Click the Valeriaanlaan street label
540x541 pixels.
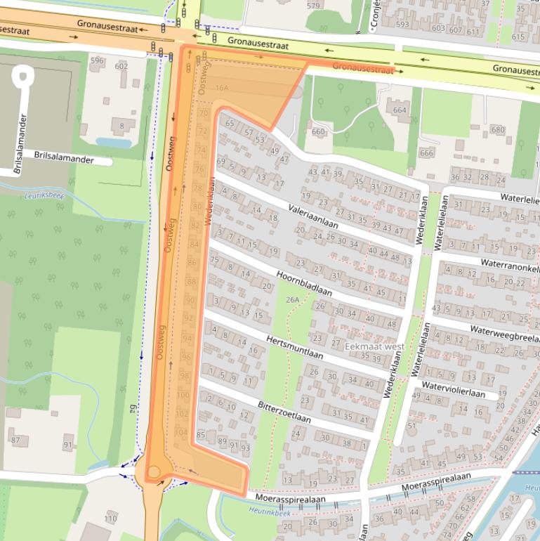313,216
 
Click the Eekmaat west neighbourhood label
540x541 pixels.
374,346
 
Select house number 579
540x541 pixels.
313,6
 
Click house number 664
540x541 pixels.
400,110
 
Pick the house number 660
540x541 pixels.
318,131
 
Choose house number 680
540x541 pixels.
497,130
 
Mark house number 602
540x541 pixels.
121,66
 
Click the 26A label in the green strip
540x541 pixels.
292,300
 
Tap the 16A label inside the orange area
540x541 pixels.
222,88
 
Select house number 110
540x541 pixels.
110,519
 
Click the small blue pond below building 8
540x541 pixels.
113,143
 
